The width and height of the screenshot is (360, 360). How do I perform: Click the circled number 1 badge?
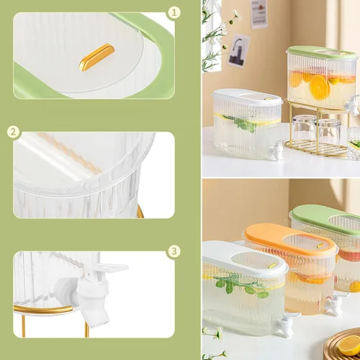[x=174, y=12]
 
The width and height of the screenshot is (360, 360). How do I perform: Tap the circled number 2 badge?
[x=14, y=132]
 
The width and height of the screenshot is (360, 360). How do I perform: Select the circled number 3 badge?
[x=174, y=251]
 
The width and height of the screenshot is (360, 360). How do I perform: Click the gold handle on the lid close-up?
[x=96, y=57]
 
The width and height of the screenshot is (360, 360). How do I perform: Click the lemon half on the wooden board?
[x=349, y=344]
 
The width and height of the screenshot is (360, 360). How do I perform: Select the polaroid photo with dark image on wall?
[x=238, y=50]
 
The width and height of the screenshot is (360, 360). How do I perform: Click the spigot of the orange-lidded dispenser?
[x=333, y=302]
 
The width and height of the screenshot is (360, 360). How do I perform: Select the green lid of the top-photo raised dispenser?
[x=323, y=55]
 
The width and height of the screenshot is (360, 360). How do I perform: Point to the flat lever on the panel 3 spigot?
[x=111, y=267]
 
